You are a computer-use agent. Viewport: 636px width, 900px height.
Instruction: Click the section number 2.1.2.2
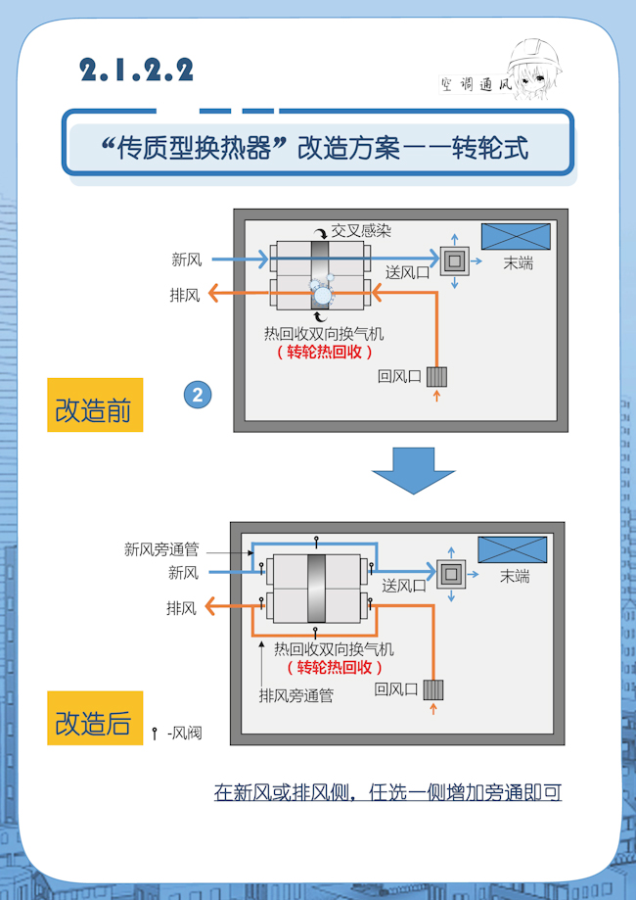tap(137, 71)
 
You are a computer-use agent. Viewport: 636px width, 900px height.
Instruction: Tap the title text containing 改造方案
tap(315, 148)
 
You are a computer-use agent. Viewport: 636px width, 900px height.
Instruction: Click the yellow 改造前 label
tap(94, 405)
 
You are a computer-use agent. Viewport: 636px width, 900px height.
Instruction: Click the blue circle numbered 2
tap(198, 396)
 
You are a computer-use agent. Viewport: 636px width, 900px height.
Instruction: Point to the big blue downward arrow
tap(413, 471)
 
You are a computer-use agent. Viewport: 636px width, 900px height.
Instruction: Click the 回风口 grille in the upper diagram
tap(436, 376)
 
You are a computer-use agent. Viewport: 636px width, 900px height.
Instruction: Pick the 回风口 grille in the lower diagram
tap(433, 690)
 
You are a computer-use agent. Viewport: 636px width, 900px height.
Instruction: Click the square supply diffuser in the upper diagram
tap(454, 260)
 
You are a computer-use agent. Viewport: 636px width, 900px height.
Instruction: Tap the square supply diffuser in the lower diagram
tap(451, 573)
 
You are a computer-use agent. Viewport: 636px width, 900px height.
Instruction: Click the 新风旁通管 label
tap(161, 549)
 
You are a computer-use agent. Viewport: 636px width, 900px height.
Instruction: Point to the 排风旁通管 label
tap(295, 696)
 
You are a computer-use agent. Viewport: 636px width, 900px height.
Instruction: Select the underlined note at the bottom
tap(387, 792)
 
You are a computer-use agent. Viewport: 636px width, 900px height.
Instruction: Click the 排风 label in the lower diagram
tap(182, 608)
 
